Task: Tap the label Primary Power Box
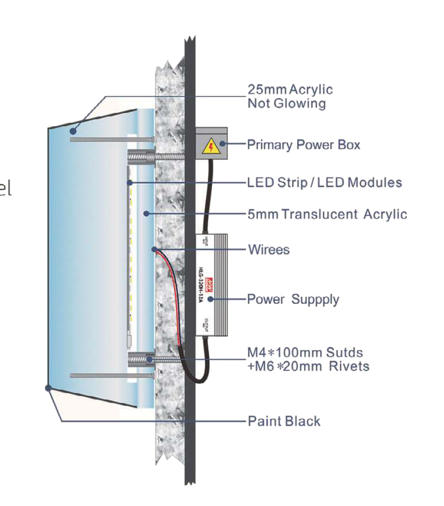[x=304, y=145]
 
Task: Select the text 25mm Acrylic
[x=290, y=89]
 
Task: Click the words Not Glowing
[x=287, y=103]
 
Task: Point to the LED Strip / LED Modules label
[x=325, y=182]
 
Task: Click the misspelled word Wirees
[x=269, y=250]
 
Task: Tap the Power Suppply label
[x=293, y=299]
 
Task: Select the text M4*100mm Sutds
[x=305, y=353]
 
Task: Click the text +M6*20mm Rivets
[x=308, y=367]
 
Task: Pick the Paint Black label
[x=284, y=421]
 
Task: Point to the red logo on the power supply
[x=210, y=281]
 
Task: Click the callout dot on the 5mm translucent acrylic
[x=147, y=214]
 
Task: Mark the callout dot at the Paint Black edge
[x=48, y=388]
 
